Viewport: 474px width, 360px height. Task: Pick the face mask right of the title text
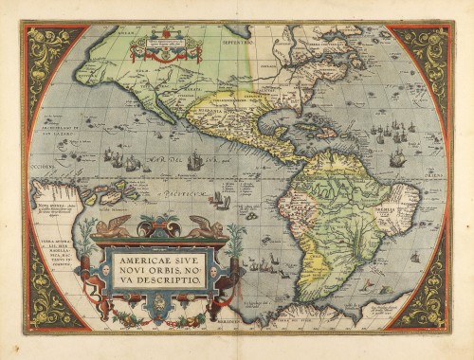(x=217, y=269)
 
